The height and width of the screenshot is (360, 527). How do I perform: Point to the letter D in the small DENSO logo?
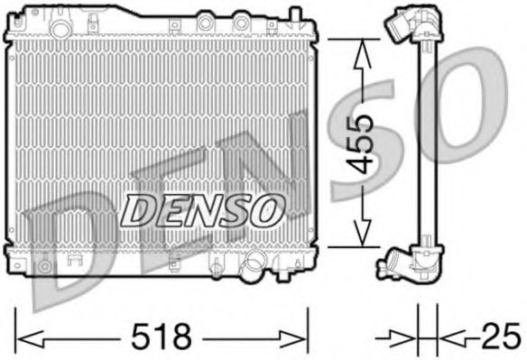coord(137,210)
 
